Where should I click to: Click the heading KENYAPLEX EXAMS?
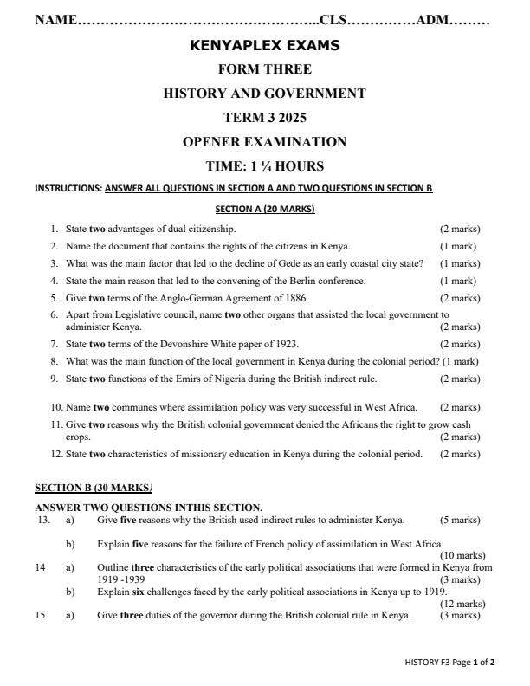point(264,45)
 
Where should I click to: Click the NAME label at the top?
point(55,20)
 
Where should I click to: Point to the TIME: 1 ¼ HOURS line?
point(264,166)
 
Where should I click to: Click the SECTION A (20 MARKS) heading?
point(264,209)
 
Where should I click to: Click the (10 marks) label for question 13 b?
point(463,555)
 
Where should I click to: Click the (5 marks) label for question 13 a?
point(460,520)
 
